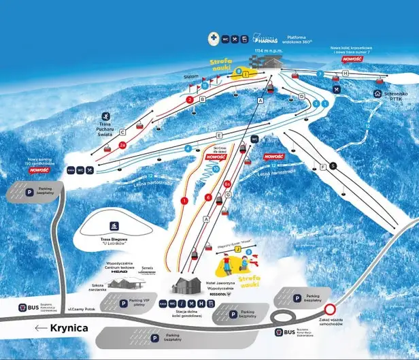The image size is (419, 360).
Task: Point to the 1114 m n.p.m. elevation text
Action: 268,50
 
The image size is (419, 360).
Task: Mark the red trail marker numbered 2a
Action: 123,145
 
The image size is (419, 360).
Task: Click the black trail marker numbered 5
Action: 333,165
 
